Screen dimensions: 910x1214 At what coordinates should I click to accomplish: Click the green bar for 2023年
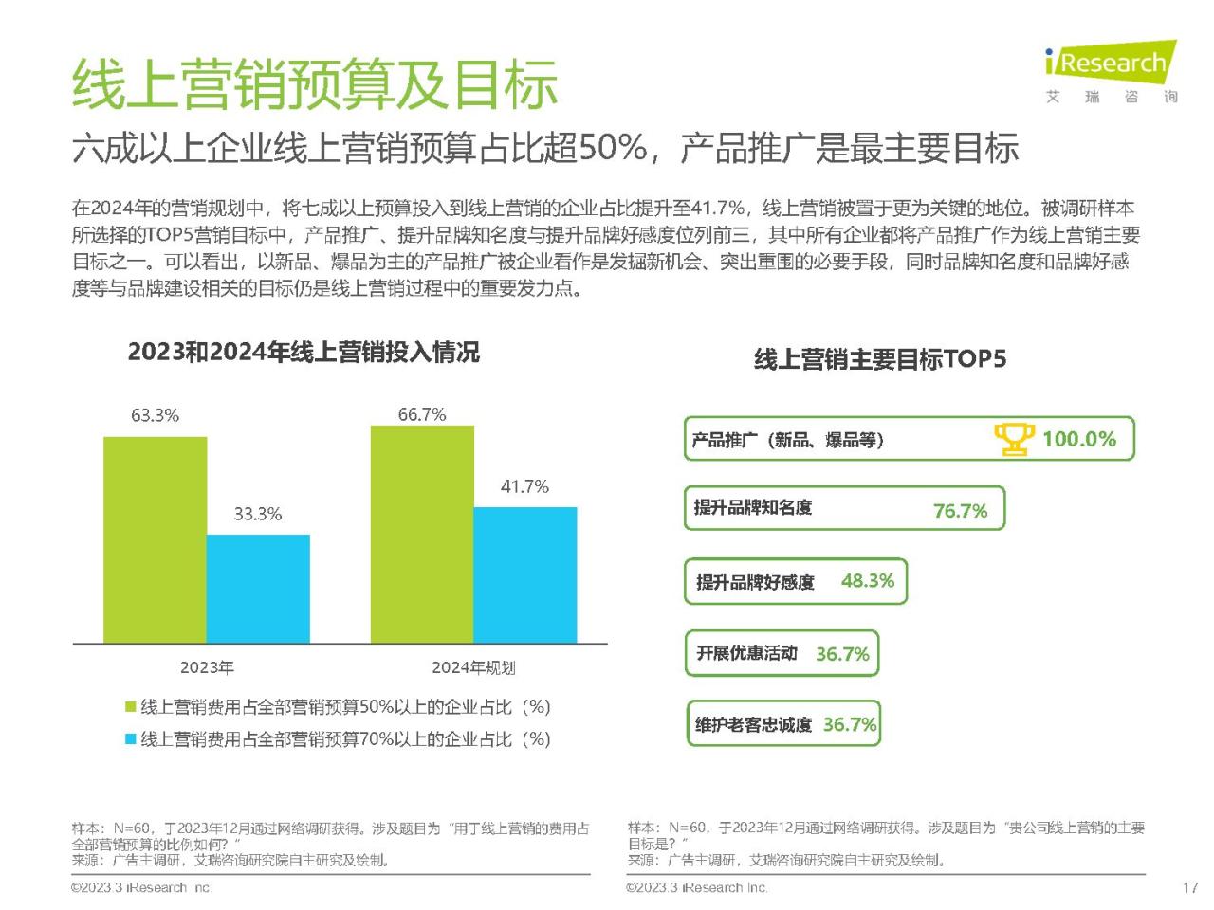tap(155, 539)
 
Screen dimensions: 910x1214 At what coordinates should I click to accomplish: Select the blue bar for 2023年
tap(258, 589)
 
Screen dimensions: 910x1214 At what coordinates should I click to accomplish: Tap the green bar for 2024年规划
tap(422, 535)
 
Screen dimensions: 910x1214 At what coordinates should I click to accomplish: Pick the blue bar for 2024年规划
tap(525, 575)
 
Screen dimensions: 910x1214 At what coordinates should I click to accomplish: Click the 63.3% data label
tap(155, 415)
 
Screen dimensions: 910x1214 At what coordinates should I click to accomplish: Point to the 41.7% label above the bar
tap(524, 486)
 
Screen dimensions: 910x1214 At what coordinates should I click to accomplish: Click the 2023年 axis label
tap(207, 667)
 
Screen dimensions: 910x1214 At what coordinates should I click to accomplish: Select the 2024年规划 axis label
tap(473, 667)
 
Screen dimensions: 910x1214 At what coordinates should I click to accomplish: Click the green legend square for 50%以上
tap(131, 707)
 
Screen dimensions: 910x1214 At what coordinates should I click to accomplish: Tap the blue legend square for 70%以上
tap(131, 739)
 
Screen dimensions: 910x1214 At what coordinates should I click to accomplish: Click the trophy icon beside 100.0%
tap(1014, 439)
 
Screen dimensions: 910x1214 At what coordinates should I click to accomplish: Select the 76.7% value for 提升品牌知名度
tap(960, 511)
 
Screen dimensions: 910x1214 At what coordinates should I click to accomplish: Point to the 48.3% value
tap(867, 581)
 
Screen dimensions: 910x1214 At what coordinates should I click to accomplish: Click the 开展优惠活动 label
tap(746, 653)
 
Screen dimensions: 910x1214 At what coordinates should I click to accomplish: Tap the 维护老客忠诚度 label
tap(753, 725)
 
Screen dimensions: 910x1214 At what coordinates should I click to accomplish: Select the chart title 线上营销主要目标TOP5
tap(879, 359)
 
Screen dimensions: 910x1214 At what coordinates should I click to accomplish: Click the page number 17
tap(1189, 888)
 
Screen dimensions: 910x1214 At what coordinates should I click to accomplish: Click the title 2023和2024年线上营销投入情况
tap(303, 353)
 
